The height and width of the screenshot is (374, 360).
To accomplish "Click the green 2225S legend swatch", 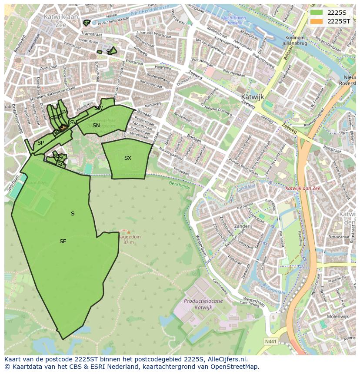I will pyautogui.click(x=317, y=12).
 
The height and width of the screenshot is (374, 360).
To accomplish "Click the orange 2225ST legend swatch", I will pyautogui.click(x=317, y=21).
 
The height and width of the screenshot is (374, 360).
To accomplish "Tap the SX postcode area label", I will pyautogui.click(x=127, y=158).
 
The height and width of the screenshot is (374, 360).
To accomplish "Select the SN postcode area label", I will pyautogui.click(x=96, y=126).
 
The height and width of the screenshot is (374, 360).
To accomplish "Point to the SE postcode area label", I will pyautogui.click(x=63, y=242).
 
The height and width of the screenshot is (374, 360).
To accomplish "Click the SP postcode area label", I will pyautogui.click(x=40, y=143).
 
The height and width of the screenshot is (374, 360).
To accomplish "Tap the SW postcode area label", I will pyautogui.click(x=98, y=108).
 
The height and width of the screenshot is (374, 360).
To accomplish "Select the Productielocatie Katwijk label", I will pyautogui.click(x=203, y=304).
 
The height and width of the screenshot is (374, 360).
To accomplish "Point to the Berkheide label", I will pyautogui.click(x=179, y=185).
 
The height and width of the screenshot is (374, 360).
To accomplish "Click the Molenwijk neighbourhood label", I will pyautogui.click(x=338, y=317).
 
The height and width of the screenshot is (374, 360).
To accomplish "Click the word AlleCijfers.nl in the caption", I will pyautogui.click(x=227, y=359).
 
